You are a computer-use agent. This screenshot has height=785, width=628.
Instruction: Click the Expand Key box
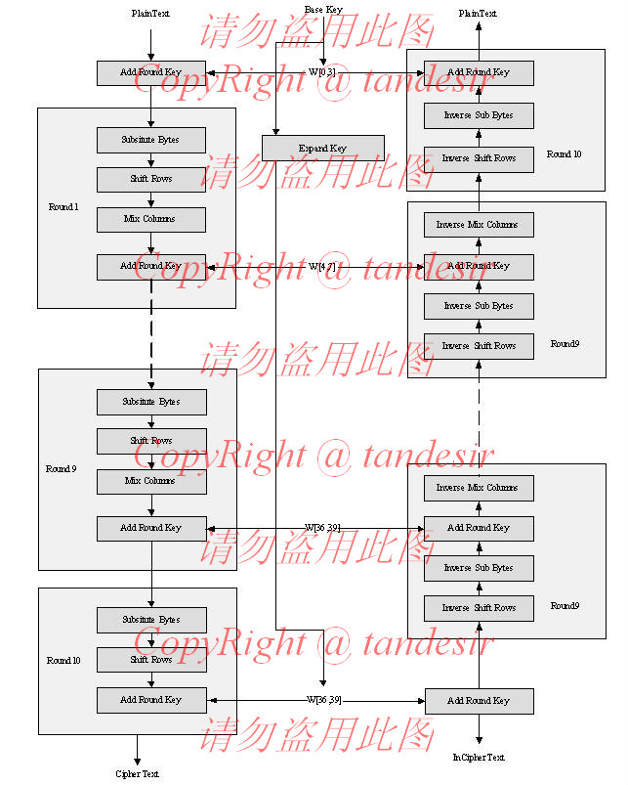[322, 148]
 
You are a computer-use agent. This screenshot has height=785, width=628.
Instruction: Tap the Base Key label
[322, 10]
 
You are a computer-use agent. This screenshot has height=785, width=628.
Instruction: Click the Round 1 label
[63, 207]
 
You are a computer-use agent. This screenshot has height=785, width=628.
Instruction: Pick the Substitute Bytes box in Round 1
[150, 140]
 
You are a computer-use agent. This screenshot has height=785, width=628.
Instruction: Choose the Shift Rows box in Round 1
[150, 180]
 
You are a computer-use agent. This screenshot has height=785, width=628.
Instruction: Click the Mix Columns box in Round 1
[150, 219]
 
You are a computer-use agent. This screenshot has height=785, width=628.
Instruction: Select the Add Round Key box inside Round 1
[150, 266]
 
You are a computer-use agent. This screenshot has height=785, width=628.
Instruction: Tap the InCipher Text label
[479, 758]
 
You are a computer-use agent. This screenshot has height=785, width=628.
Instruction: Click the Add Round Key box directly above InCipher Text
[479, 701]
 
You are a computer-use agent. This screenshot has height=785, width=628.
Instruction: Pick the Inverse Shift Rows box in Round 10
[479, 158]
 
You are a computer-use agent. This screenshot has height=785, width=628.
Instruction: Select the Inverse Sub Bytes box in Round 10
[479, 115]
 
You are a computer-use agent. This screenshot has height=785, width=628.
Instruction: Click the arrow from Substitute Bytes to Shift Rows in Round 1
[150, 160]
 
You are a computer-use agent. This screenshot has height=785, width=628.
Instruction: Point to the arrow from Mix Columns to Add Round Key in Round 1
[150, 242]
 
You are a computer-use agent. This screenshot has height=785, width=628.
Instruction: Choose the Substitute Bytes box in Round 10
[150, 620]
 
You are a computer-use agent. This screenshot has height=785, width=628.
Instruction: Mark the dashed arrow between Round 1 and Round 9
[150, 337]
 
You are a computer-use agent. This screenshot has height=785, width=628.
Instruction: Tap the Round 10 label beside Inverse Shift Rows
[564, 154]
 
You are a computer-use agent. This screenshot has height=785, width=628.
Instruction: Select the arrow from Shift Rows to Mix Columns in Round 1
[150, 199]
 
